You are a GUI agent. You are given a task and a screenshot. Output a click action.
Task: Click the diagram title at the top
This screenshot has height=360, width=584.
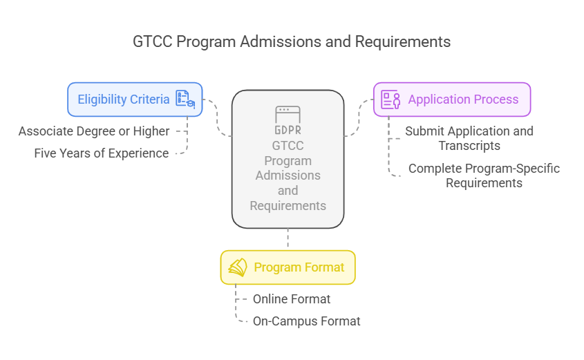[291, 41]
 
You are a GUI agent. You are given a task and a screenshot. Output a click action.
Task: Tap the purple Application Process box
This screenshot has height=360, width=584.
[452, 100]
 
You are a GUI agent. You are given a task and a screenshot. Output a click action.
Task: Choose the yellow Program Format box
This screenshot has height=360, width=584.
[288, 267]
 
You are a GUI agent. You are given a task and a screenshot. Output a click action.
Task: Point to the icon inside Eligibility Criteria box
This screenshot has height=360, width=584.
[185, 100]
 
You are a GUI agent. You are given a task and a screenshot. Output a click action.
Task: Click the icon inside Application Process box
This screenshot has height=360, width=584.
[391, 100]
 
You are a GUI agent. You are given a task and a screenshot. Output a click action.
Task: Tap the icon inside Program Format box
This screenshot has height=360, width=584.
[238, 267]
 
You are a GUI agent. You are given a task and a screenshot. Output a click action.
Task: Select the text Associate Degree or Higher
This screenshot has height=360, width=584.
[94, 131]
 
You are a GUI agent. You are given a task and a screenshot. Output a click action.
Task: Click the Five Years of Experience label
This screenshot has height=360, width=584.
[102, 153]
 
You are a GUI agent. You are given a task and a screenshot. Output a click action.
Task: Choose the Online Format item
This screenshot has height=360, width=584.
[292, 299]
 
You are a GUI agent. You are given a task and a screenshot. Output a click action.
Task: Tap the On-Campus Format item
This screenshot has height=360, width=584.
[306, 321]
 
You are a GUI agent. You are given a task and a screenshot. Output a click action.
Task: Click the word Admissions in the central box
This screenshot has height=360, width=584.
[288, 176]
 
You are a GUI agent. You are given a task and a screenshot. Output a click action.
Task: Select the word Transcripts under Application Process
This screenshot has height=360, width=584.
[469, 146]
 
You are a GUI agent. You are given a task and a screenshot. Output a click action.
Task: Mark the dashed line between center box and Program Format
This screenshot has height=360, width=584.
[288, 239]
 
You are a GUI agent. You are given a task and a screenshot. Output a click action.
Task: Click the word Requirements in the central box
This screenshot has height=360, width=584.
[288, 205]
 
